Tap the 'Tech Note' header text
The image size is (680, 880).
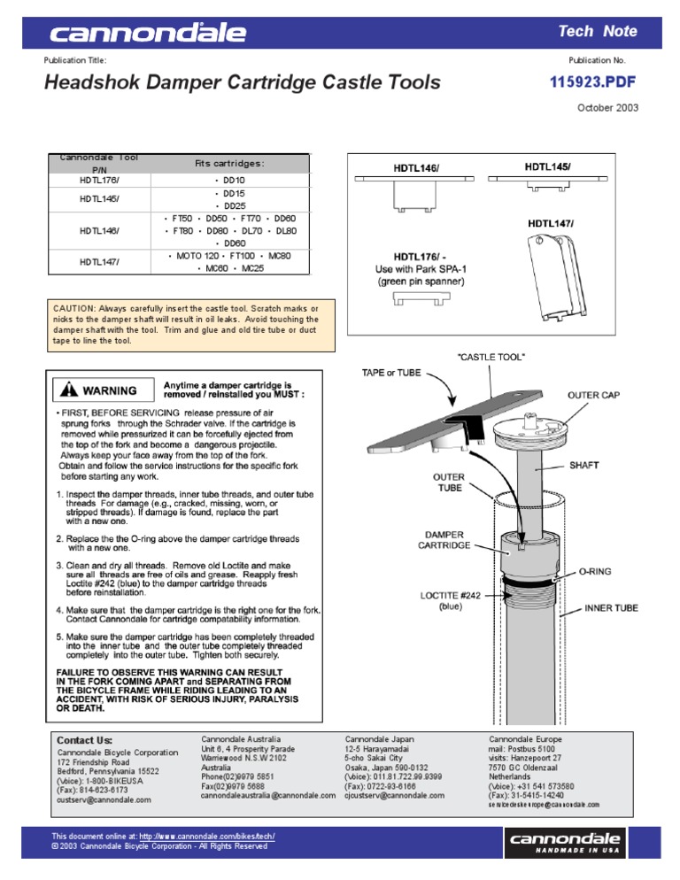click(597, 31)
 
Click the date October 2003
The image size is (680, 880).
click(607, 108)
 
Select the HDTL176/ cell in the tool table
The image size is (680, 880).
click(99, 180)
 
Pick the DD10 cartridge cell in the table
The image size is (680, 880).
click(229, 180)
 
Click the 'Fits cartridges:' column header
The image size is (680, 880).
click(229, 163)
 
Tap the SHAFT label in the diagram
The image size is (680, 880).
click(583, 464)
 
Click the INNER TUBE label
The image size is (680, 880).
click(611, 609)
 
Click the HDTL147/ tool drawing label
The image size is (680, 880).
click(551, 224)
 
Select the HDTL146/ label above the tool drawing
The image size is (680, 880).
click(417, 166)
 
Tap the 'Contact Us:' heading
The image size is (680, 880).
click(85, 740)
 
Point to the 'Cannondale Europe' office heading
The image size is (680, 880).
click(525, 738)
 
